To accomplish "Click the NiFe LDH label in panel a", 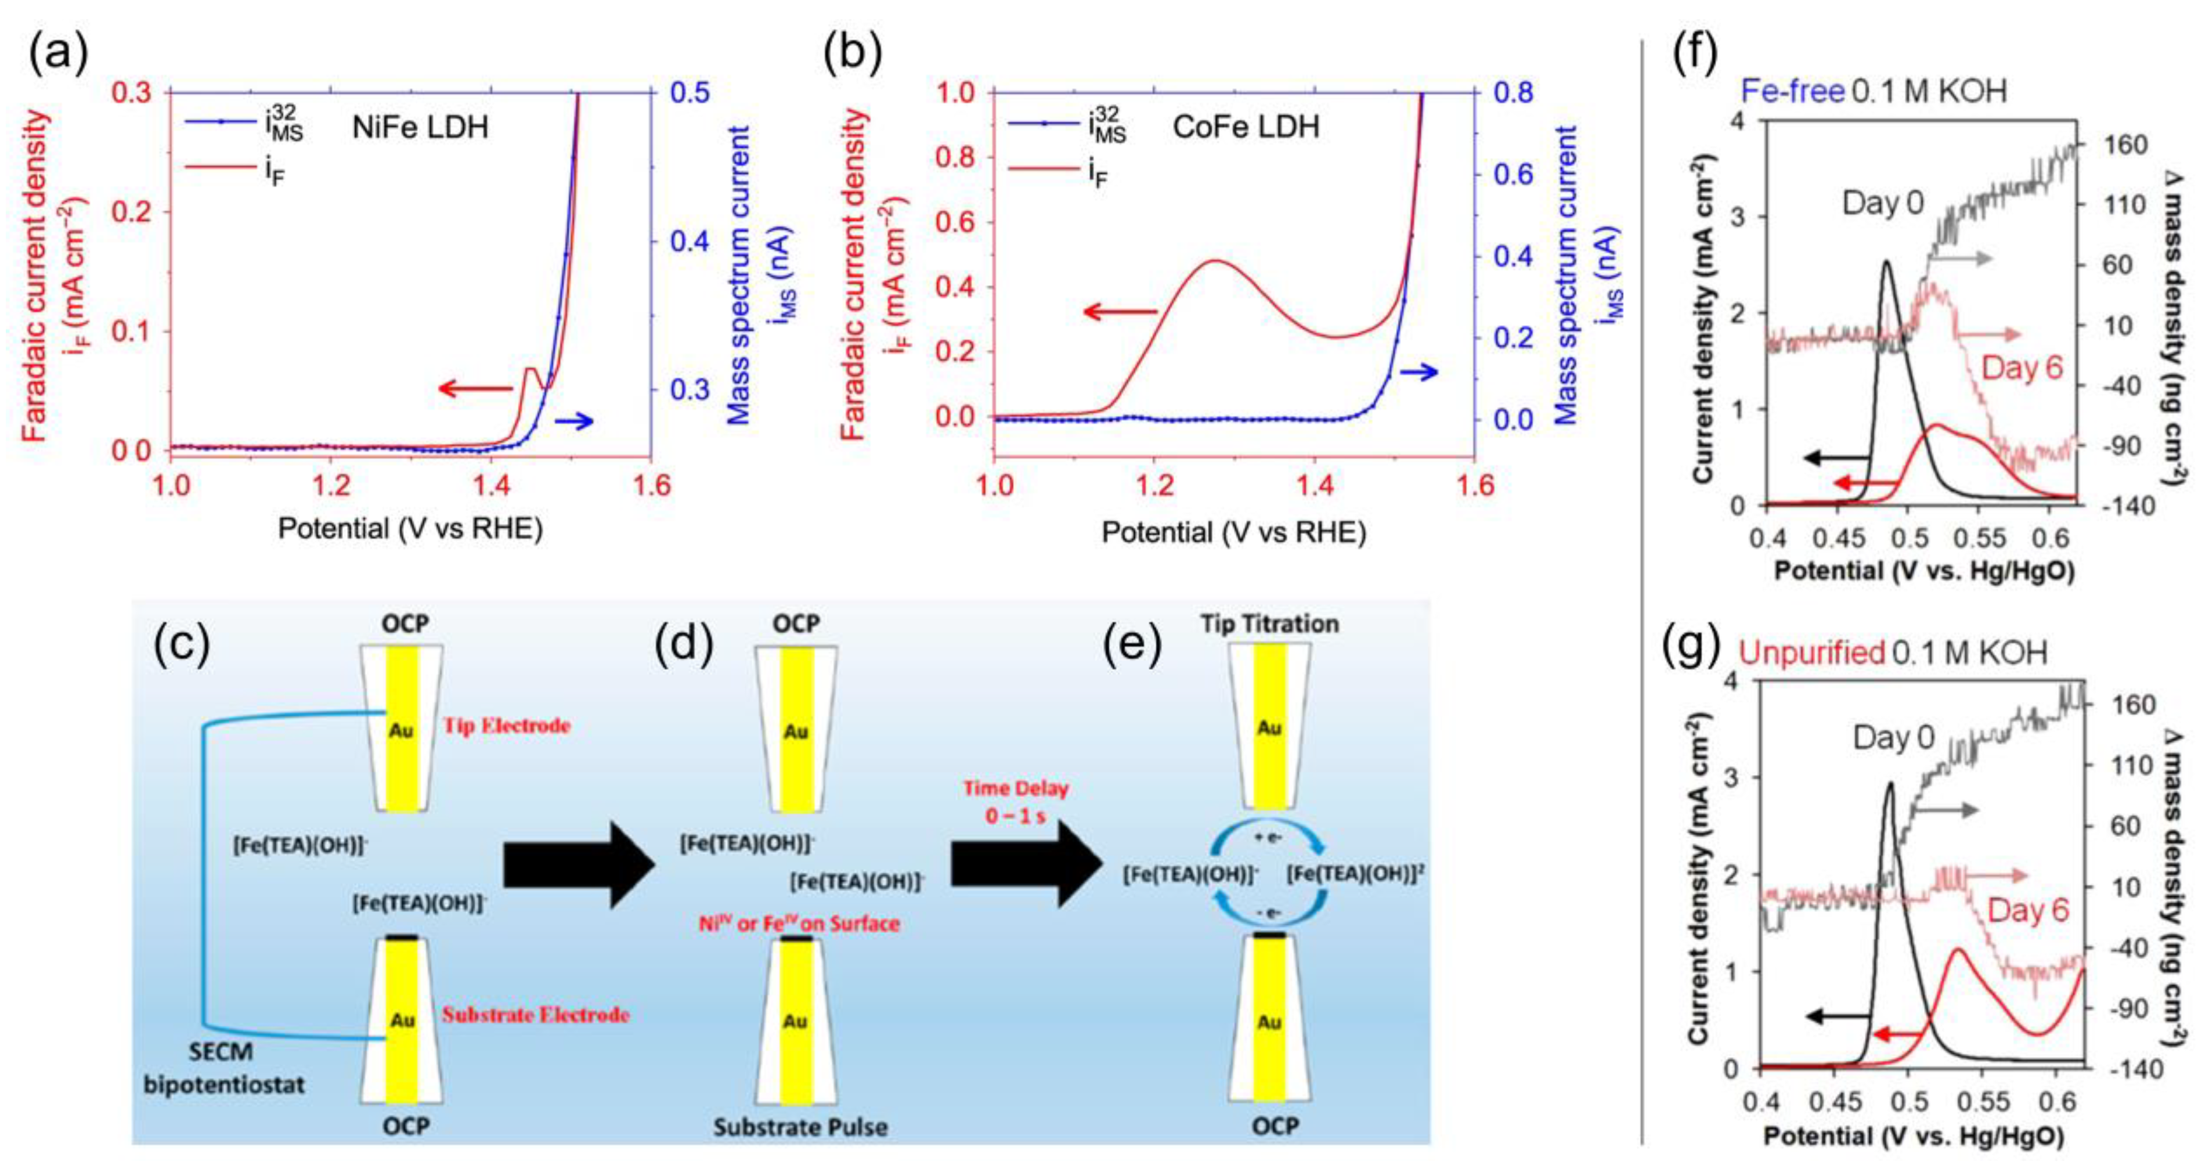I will click(x=420, y=127).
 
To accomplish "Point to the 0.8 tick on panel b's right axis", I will click(x=1514, y=93).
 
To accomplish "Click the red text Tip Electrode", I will click(x=507, y=726).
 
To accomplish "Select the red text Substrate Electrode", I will click(x=536, y=1015).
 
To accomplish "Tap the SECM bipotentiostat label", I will click(x=224, y=1068).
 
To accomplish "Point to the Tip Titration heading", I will click(x=1269, y=623).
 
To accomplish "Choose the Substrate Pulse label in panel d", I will click(x=800, y=1127).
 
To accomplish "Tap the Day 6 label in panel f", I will click(x=2022, y=368).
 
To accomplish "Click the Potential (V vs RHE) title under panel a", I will click(x=410, y=528).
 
